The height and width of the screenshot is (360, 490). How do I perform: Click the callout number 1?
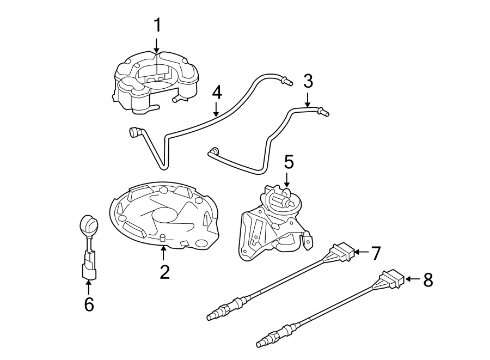click(157, 26)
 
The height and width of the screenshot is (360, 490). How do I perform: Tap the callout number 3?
click(308, 82)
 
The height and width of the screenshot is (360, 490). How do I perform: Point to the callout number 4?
click(217, 92)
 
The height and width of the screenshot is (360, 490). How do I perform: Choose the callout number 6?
click(89, 304)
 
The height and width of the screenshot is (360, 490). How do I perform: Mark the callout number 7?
click(375, 252)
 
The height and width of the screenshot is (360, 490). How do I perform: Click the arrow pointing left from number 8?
click(412, 280)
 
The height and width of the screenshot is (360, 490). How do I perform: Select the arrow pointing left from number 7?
click(360, 253)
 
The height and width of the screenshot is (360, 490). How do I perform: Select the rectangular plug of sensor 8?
click(391, 279)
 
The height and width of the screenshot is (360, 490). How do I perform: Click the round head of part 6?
click(88, 224)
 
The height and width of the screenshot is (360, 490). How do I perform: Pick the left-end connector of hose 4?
click(134, 132)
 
